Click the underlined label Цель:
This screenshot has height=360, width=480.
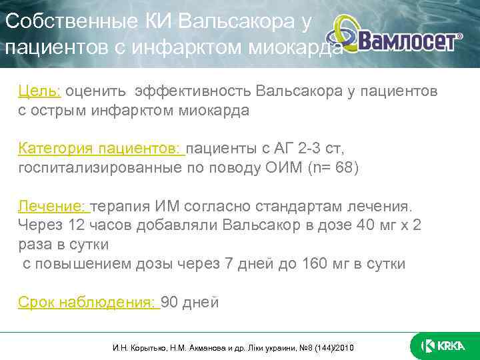[40, 91]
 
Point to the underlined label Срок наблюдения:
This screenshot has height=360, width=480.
[89, 303]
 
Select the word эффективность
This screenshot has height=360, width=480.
[197, 91]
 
